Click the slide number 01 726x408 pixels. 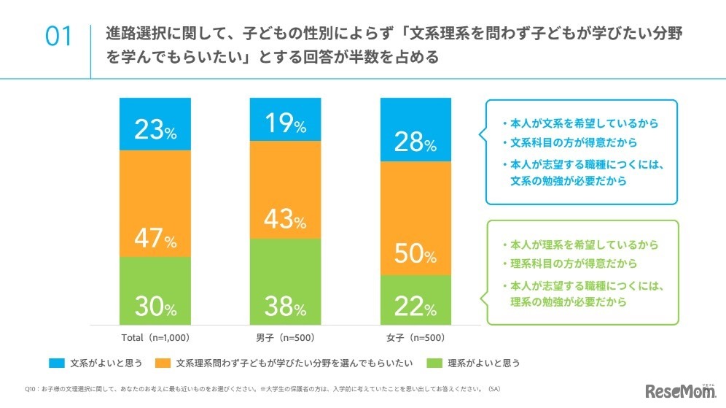(59, 37)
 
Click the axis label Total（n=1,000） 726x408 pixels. (155, 338)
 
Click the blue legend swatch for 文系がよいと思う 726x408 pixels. (58, 363)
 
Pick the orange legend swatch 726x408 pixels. (164, 363)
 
